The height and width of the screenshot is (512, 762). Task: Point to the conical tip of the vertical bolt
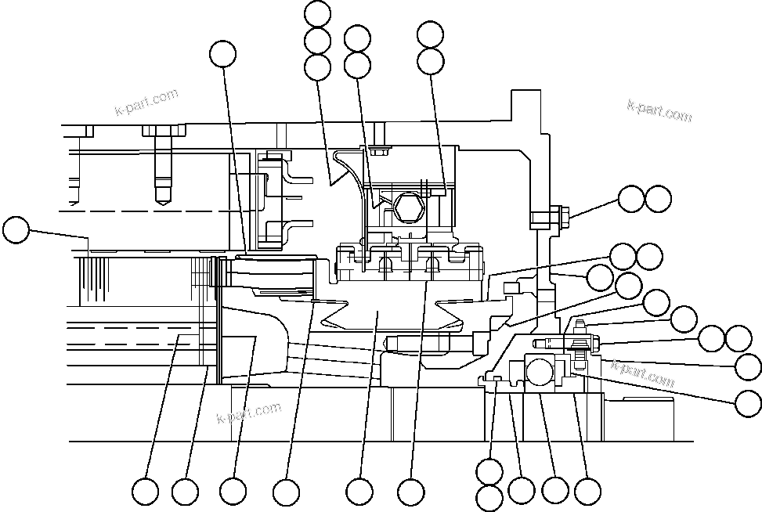point(165,197)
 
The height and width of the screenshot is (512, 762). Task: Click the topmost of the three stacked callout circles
point(317,13)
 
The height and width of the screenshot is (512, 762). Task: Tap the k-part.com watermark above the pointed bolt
point(146,102)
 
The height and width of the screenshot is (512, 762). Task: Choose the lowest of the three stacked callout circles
point(317,67)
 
